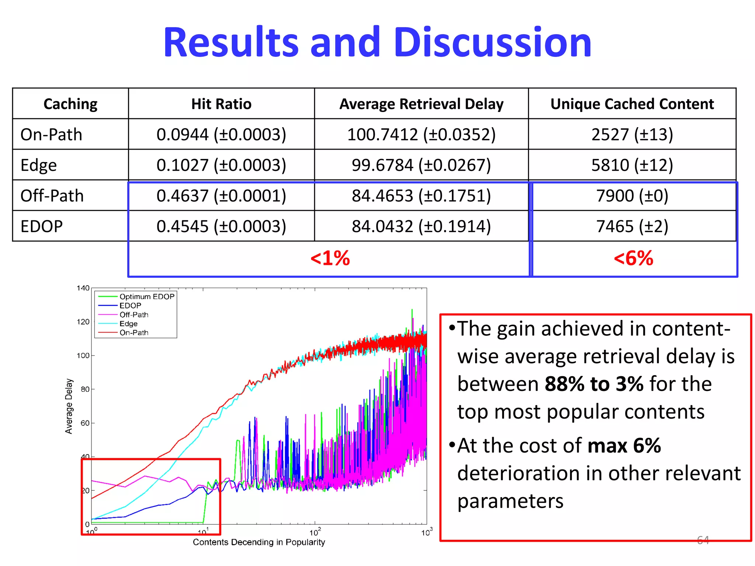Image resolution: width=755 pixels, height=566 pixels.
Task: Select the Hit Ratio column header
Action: coord(221,104)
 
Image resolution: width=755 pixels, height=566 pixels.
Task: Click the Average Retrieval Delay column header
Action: coord(421,104)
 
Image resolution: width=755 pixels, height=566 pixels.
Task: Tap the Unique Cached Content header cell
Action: coord(632,104)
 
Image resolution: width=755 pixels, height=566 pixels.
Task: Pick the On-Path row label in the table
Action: coord(51,134)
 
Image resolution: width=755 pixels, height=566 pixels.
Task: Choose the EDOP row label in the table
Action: coord(42,226)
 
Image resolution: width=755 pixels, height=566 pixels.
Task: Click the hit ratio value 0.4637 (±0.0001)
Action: coord(221,196)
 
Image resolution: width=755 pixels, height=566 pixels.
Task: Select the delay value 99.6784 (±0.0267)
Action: coord(421,165)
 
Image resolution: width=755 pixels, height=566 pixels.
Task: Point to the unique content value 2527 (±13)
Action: coord(632,134)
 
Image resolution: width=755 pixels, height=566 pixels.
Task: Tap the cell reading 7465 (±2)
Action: coord(632,226)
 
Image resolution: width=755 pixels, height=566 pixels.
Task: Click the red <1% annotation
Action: coord(330,258)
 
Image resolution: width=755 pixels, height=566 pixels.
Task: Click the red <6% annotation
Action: coord(633,258)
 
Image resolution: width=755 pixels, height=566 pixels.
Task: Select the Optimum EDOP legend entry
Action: coord(147,297)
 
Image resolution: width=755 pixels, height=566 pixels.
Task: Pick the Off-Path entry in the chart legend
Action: coord(134,315)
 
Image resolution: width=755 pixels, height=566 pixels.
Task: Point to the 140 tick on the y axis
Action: coord(83,288)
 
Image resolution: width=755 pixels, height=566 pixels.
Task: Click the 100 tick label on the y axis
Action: coord(83,356)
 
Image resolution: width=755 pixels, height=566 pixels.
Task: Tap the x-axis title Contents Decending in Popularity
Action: coord(259,542)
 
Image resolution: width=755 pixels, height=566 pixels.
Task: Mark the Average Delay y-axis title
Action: coord(69,406)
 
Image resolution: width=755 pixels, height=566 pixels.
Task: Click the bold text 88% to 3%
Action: coord(594,384)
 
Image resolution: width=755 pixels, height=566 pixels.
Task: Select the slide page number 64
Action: coord(703,540)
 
